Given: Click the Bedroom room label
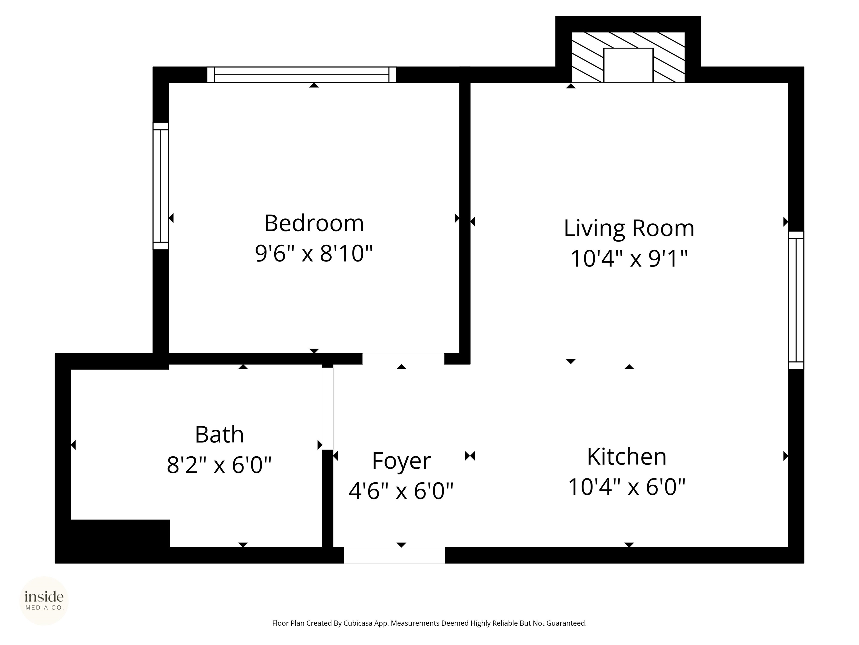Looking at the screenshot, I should coord(314,224).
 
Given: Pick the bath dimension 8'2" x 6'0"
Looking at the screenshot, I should coord(220,465).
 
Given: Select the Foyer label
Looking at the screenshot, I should coord(401,461).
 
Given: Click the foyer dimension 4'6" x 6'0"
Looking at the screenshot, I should coord(401,491).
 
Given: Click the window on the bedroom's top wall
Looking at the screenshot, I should coord(301,75).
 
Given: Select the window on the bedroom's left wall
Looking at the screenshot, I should coord(161,186).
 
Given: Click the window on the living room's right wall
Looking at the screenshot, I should coord(796,300).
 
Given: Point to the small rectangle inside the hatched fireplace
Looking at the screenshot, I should coord(628,65).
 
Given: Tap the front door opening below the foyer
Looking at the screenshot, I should coord(394,555).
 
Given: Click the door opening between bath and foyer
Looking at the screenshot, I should coord(327,408).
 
